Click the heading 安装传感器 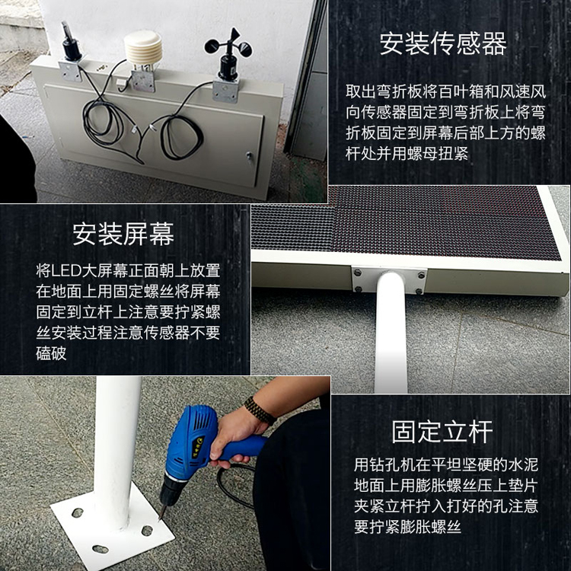[443, 44]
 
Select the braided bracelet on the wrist [260, 410]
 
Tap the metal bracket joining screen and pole [388, 279]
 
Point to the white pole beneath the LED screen [391, 335]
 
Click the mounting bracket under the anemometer [225, 90]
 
